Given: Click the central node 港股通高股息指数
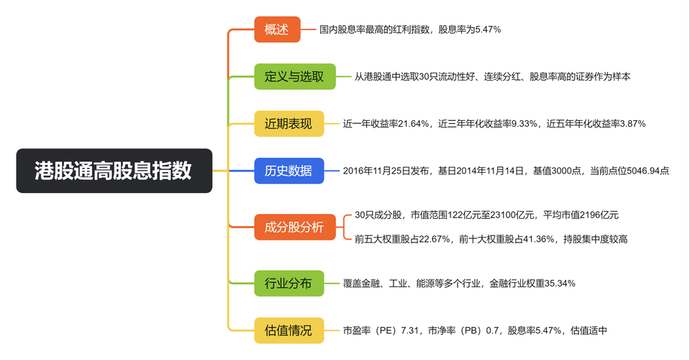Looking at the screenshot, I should [x=114, y=171].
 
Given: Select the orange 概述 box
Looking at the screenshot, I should [x=277, y=30].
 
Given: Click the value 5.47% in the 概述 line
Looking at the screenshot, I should [x=488, y=30].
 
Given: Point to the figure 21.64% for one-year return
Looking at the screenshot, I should [x=412, y=124].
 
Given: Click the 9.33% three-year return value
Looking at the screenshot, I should [x=524, y=124].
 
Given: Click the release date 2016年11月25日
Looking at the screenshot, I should [x=376, y=171].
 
